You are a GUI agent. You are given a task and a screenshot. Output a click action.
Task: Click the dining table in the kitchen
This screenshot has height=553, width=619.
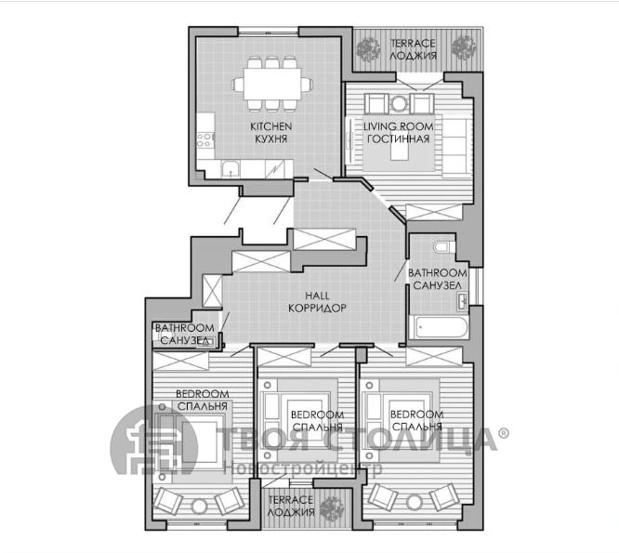coord(272,84)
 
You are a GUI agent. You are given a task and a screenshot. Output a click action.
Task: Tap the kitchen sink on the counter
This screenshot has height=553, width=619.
coord(230,169)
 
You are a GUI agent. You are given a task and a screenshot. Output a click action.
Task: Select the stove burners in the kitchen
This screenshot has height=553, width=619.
coord(205,139)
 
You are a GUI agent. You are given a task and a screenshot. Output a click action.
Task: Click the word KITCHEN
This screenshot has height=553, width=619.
coord(271,126)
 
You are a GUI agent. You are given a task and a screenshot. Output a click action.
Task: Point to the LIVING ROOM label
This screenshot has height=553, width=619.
coord(399,126)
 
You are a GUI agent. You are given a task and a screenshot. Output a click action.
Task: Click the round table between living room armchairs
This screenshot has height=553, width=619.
coord(399,104)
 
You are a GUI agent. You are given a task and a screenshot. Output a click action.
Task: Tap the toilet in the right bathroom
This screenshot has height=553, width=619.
coord(444,247)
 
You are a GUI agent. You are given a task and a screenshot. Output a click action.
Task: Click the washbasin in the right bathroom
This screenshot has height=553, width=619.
coord(462,302)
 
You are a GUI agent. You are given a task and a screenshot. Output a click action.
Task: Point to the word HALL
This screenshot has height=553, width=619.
coord(317,296)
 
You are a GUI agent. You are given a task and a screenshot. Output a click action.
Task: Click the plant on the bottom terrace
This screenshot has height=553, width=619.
coord(332,507)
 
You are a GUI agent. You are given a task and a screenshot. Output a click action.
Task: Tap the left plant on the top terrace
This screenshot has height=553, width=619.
coord(368,49)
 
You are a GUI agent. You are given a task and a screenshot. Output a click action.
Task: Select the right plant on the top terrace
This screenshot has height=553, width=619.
coord(465,47)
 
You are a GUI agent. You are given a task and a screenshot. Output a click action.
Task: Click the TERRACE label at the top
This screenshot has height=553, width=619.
coord(413,43)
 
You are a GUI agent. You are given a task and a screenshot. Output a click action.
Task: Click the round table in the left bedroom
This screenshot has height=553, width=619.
coord(200,506)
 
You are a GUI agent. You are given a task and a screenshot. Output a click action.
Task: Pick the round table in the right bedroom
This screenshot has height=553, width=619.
coord(415,503)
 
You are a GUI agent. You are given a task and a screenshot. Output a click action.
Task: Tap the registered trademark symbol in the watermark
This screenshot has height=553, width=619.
coord(504,433)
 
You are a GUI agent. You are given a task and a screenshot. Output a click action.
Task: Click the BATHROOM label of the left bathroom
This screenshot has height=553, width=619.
coord(185,327)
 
